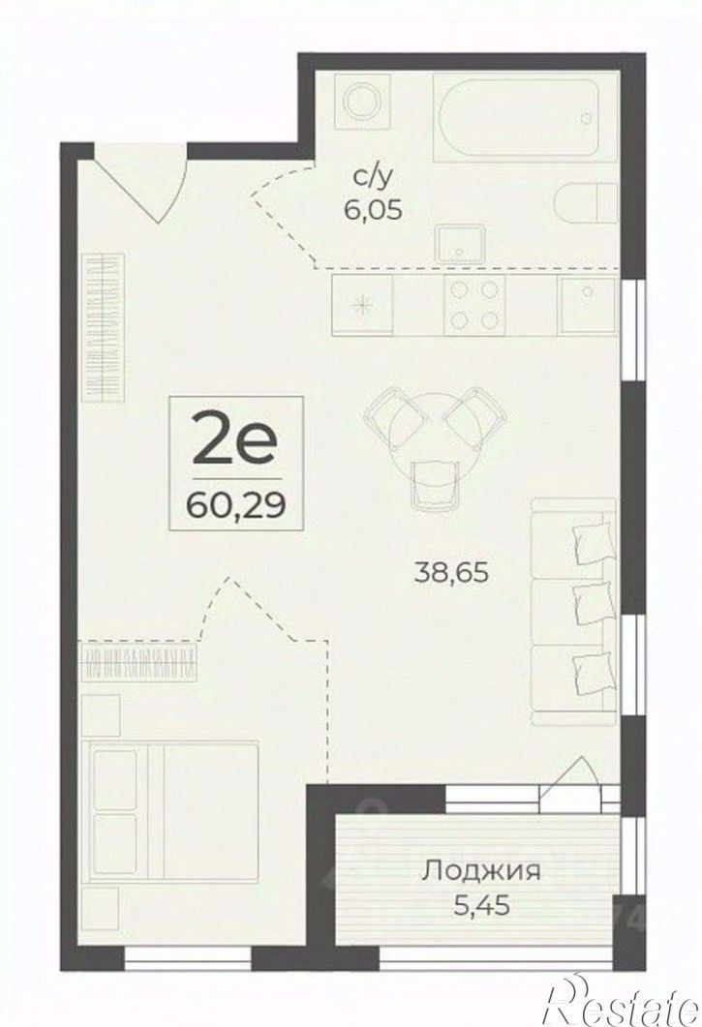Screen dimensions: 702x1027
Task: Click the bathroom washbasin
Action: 462,244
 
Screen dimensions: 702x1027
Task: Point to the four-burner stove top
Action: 474,305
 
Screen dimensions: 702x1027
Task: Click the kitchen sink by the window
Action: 587,306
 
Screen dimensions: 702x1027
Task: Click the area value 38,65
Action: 452,573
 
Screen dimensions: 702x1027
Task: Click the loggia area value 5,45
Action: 482,906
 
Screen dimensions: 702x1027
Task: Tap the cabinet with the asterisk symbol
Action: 362,306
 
